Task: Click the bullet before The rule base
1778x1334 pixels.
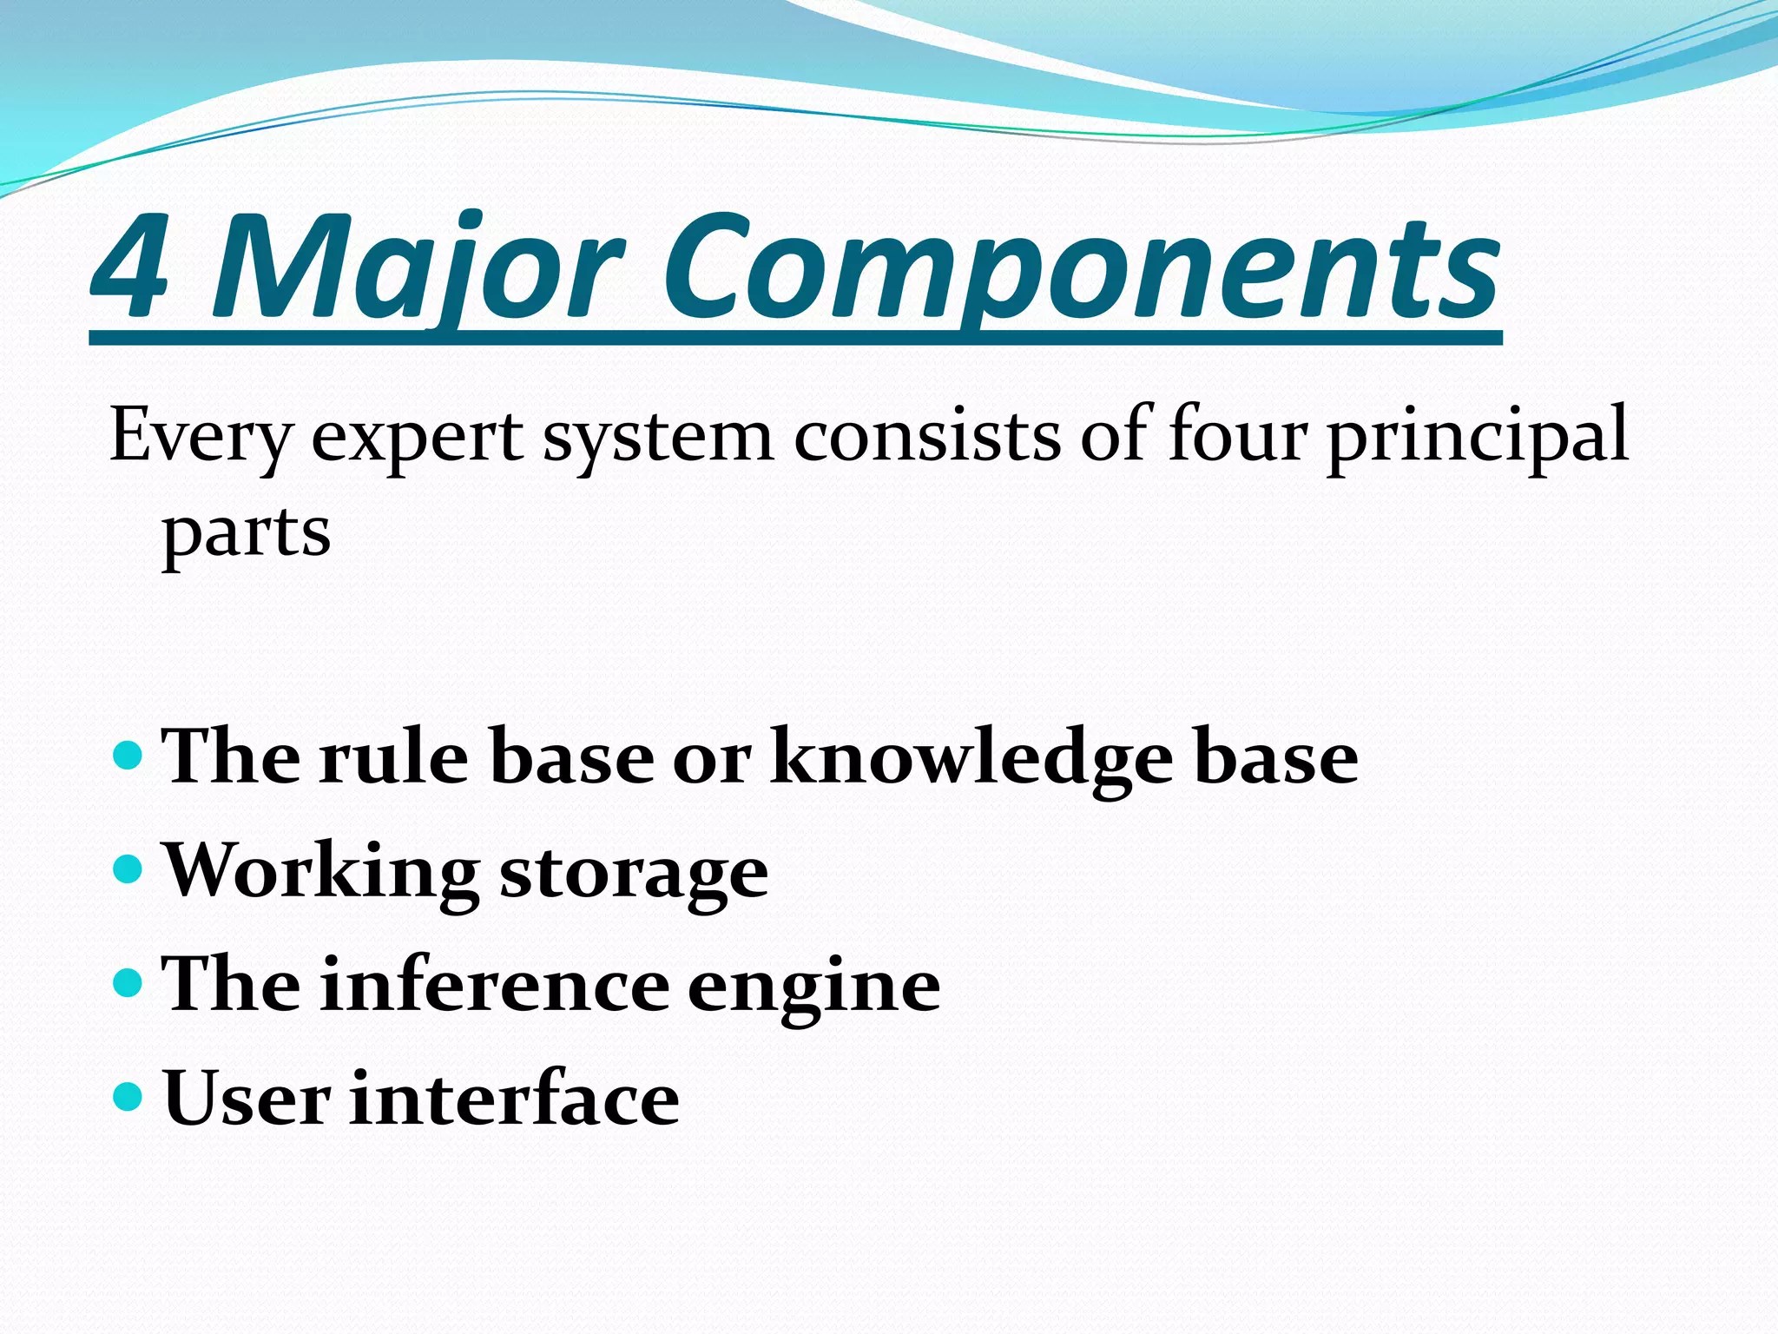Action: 128,754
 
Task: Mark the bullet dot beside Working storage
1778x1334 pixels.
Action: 128,868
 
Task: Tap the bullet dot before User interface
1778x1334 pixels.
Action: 128,1096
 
